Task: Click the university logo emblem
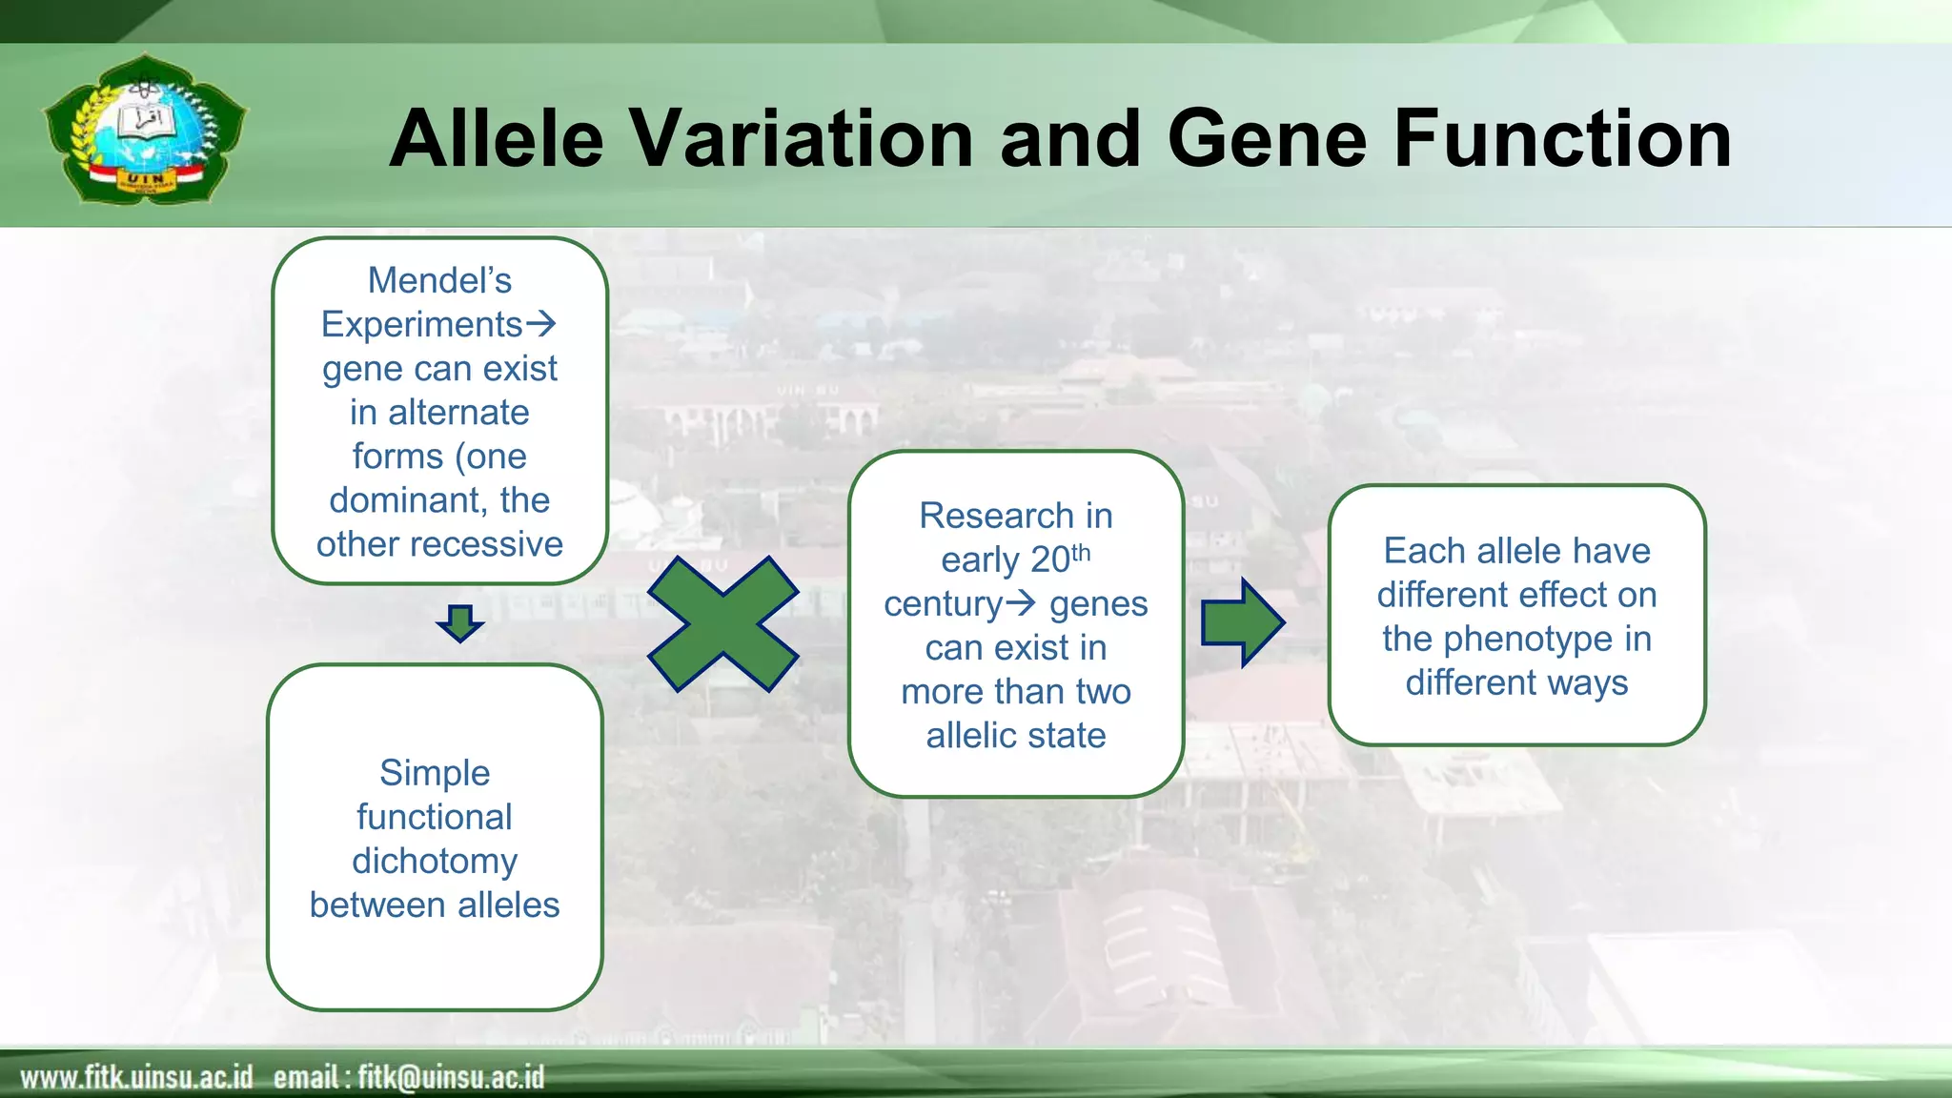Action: click(145, 129)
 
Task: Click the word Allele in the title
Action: click(497, 138)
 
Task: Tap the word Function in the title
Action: click(1563, 138)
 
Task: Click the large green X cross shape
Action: click(722, 623)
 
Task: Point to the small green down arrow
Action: click(460, 623)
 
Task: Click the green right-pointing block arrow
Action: click(1243, 622)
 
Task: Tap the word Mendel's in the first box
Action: click(439, 280)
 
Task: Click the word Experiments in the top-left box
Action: click(421, 324)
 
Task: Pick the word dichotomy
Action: click(435, 861)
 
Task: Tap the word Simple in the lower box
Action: click(435, 772)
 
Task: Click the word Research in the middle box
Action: click(982, 516)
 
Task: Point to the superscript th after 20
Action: click(1081, 553)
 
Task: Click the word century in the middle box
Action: click(943, 604)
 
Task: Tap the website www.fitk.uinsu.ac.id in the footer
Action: click(136, 1077)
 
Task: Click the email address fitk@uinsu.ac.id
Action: click(451, 1077)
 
